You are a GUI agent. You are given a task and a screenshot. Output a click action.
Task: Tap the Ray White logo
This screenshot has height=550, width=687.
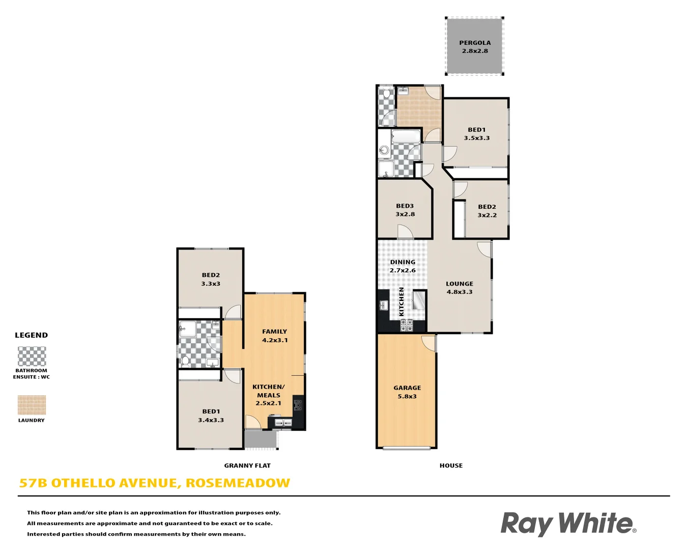pos(568,524)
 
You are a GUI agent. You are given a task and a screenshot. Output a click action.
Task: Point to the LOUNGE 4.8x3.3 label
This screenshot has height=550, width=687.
pos(460,288)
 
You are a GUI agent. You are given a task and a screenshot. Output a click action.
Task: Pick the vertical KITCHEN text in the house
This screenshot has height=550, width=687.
pos(402,301)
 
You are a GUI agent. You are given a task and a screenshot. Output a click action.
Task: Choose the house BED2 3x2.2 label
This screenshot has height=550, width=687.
pos(487,211)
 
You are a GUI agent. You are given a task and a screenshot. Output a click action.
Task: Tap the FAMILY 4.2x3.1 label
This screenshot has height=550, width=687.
pos(275,336)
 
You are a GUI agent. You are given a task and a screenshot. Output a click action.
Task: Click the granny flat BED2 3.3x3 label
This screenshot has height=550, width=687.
pos(211,279)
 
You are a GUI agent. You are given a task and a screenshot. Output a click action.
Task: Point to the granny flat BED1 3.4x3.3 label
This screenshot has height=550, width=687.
pos(211,416)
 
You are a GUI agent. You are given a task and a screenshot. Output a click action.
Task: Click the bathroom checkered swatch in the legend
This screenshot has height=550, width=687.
pos(32,356)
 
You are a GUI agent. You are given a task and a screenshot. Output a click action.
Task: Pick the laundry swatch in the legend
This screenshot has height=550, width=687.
pos(32,405)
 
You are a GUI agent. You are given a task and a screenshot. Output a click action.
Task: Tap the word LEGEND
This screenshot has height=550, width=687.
pos(32,335)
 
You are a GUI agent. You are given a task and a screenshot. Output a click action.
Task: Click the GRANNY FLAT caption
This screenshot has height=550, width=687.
pos(247,465)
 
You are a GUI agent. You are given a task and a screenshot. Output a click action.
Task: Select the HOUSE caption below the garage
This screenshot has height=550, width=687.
pos(451,465)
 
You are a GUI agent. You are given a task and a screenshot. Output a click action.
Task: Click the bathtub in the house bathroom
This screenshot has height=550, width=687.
pos(406,136)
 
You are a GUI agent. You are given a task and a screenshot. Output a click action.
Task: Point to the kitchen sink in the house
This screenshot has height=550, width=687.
pos(383,306)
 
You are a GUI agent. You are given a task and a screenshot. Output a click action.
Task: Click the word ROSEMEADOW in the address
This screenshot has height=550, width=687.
pos(238,483)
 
